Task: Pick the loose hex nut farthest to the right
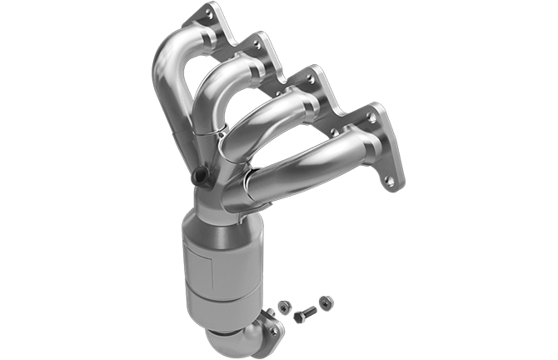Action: (326, 302)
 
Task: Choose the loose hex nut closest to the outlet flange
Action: (284, 307)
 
